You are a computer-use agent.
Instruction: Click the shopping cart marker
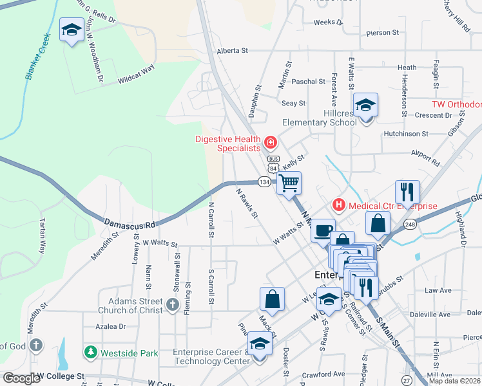pyautogui.click(x=289, y=183)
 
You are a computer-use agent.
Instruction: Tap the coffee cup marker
pyautogui.click(x=323, y=229)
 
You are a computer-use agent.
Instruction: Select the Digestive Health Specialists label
pyautogui.click(x=229, y=145)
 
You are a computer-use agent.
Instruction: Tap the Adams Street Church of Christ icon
pyautogui.click(x=173, y=305)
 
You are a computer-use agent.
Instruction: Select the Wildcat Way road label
pyautogui.click(x=137, y=77)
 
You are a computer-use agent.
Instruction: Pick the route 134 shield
pyautogui.click(x=264, y=182)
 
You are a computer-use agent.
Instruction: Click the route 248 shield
pyautogui.click(x=410, y=225)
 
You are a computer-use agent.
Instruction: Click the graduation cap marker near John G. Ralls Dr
pyautogui.click(x=72, y=30)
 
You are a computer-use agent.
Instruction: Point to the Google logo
pyautogui.click(x=21, y=378)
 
